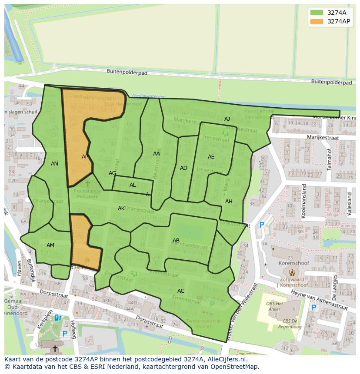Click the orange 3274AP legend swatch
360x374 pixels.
(x=317, y=21)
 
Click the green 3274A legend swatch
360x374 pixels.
(x=317, y=13)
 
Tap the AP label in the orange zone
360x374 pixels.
(x=85, y=157)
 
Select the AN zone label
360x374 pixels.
(x=54, y=164)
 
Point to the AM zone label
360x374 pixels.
(x=50, y=245)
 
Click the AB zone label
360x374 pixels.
(x=176, y=241)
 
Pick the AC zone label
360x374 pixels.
(x=181, y=291)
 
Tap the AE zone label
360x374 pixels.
(x=211, y=157)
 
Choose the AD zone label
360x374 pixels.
(x=183, y=168)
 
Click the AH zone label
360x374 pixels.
(x=229, y=201)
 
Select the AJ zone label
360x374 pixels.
(x=227, y=119)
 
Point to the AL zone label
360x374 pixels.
(x=133, y=185)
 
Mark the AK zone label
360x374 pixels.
(x=121, y=209)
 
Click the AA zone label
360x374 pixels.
(x=157, y=153)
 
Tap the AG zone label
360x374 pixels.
(x=112, y=173)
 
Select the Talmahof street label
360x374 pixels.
(x=329, y=160)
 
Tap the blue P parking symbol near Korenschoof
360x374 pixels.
(x=262, y=225)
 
